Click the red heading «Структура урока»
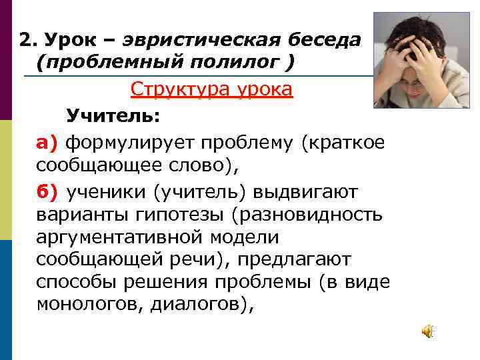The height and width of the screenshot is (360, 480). coord(211,89)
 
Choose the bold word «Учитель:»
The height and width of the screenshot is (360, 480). coord(113,116)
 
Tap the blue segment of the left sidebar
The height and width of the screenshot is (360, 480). coord(6,300)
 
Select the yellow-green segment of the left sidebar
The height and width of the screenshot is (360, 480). coord(6,180)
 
